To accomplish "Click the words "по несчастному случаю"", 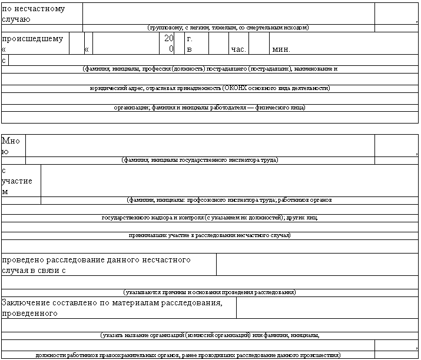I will [x=34, y=14].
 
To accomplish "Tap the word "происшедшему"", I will [x=32, y=39].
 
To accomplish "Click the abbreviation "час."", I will [x=238, y=49].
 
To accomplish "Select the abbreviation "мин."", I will [x=281, y=49].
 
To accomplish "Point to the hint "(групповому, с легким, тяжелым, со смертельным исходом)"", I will [x=228, y=28].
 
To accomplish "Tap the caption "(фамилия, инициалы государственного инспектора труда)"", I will [x=200, y=160].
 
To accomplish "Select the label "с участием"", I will [x=17, y=181].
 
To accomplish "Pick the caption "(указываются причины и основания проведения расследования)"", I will [x=209, y=292].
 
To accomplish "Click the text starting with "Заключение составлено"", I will [x=112, y=308].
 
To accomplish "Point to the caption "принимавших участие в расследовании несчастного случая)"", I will [x=210, y=235].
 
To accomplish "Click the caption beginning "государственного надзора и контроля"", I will [x=210, y=218].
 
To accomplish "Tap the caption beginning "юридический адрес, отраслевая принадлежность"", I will [x=210, y=88].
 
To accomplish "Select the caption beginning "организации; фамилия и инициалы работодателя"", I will [x=210, y=108].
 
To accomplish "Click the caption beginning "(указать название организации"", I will [x=210, y=335].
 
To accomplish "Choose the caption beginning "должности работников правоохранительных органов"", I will [x=188, y=355].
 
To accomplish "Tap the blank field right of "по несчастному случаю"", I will [x=228, y=12].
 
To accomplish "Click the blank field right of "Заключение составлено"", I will [x=326, y=307].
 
